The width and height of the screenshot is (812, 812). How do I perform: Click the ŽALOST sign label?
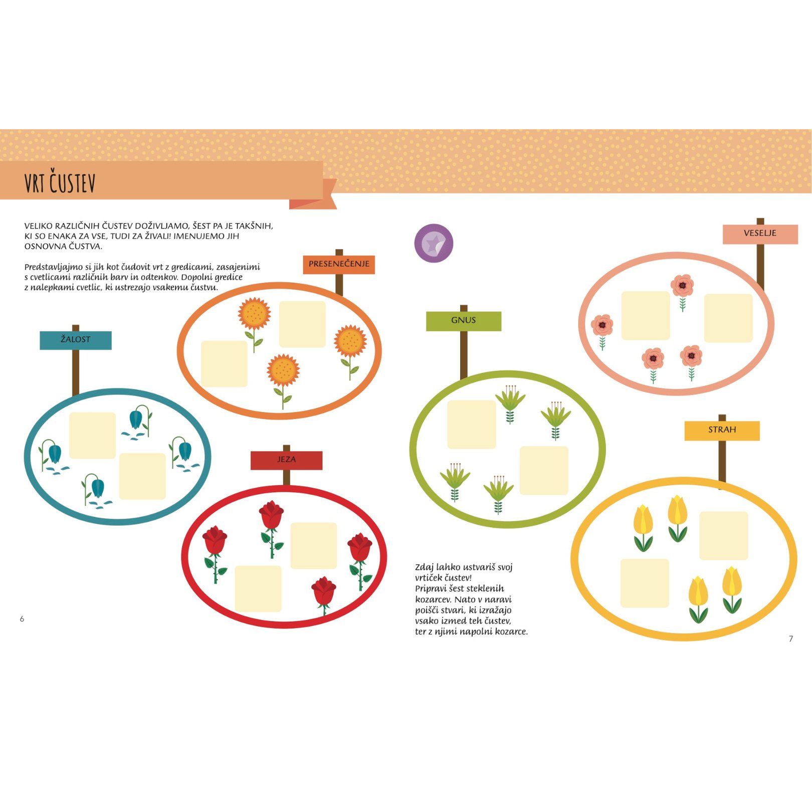point(76,340)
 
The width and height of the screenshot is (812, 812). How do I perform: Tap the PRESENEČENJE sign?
point(339,264)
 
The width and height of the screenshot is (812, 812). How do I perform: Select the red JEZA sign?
point(286,460)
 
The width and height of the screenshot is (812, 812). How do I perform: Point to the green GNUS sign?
point(464,321)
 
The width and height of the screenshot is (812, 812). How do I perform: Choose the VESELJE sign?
point(760,234)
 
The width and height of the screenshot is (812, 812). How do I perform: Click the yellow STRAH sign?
point(722,431)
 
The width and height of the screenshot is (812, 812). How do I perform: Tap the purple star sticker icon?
point(434,243)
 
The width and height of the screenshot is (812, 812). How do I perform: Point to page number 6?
point(22,619)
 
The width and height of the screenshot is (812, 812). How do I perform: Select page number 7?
point(791,639)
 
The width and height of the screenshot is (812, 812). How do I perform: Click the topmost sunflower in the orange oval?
point(254,323)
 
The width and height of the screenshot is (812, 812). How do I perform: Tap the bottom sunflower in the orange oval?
point(283,380)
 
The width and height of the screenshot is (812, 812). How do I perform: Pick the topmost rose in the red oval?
point(272,529)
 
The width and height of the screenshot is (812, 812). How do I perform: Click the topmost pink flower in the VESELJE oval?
point(682,293)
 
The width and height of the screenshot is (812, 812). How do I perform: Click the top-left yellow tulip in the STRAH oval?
point(643,528)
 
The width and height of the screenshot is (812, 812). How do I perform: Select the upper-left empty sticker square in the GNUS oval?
point(472,425)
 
